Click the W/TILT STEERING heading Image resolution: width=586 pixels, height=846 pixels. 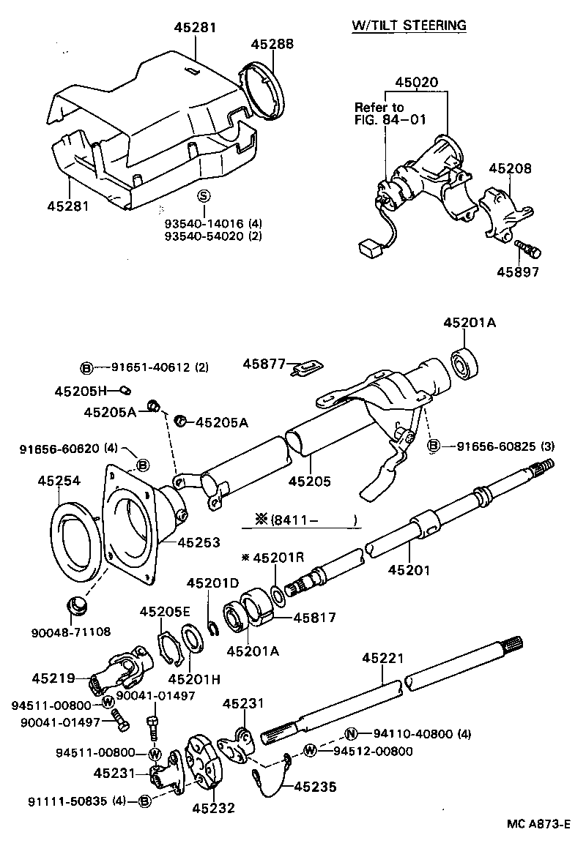tap(409, 26)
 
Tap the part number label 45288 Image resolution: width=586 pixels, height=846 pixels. tap(272, 44)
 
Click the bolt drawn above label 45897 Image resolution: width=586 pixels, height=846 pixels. tap(528, 249)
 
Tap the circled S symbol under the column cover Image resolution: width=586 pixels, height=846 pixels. tap(204, 195)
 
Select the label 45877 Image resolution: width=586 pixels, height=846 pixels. tap(264, 363)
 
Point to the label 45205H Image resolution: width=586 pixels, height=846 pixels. tap(81, 391)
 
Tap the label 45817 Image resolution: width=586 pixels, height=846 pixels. tap(314, 618)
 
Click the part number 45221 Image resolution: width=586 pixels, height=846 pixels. tap(382, 659)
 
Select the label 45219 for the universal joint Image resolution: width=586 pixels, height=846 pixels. tap(53, 678)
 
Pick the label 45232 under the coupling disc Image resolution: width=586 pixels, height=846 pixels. tap(213, 808)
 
